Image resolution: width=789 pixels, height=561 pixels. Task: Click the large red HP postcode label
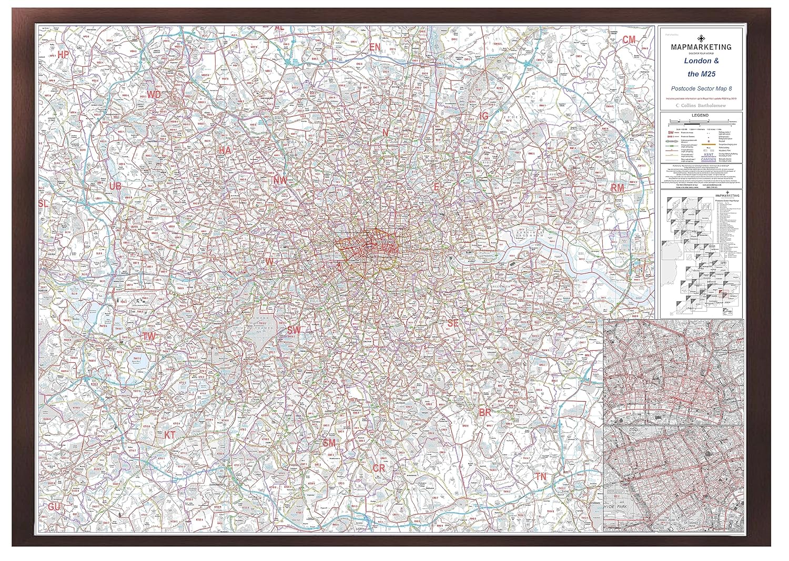coord(64,55)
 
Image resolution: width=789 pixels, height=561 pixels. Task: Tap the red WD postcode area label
coord(154,95)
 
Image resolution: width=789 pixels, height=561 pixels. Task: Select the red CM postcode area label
coord(629,40)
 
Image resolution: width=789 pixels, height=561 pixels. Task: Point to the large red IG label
coord(484,115)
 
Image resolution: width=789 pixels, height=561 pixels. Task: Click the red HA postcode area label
coord(225,150)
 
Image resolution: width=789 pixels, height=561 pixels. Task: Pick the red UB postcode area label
coord(116,186)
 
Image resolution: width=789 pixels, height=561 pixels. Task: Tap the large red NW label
coord(280,180)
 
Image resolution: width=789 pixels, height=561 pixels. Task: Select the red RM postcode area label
coord(617,188)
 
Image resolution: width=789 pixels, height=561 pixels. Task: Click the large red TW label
coord(149,335)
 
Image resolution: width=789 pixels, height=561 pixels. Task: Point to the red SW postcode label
coord(294,330)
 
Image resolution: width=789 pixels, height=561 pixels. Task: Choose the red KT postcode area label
coord(170,435)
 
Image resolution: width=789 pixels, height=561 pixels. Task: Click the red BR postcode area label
coord(484,413)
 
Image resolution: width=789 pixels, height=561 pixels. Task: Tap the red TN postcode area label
coord(541,477)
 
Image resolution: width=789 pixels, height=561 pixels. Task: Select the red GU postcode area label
coord(54,507)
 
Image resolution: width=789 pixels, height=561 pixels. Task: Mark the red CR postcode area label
coord(379,468)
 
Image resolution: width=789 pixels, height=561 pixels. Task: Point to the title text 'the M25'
coord(701,74)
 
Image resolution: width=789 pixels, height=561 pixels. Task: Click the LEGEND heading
coord(700,115)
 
